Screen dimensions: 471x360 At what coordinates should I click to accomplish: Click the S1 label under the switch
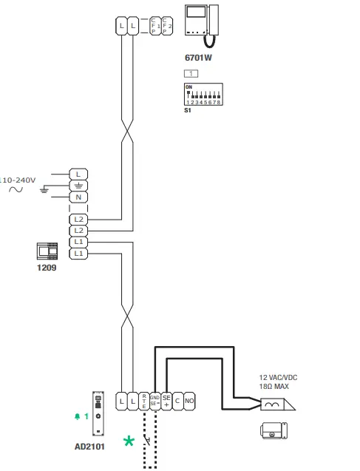tap(188, 110)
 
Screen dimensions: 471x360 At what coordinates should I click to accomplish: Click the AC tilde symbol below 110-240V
tap(15, 189)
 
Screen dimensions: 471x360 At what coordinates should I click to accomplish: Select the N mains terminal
tap(78, 197)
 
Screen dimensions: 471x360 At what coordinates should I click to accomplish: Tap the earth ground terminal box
tap(78, 185)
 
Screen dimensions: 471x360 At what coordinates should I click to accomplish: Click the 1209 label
tap(47, 268)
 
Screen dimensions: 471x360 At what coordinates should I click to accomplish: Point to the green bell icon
tap(76, 416)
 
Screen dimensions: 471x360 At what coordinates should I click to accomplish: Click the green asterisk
tap(129, 441)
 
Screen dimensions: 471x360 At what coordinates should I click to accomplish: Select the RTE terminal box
tap(144, 401)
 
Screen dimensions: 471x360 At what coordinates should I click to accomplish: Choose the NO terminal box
tap(189, 401)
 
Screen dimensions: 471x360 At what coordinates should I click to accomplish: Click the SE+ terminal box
tap(166, 401)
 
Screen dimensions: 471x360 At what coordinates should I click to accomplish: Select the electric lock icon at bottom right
tap(275, 431)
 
